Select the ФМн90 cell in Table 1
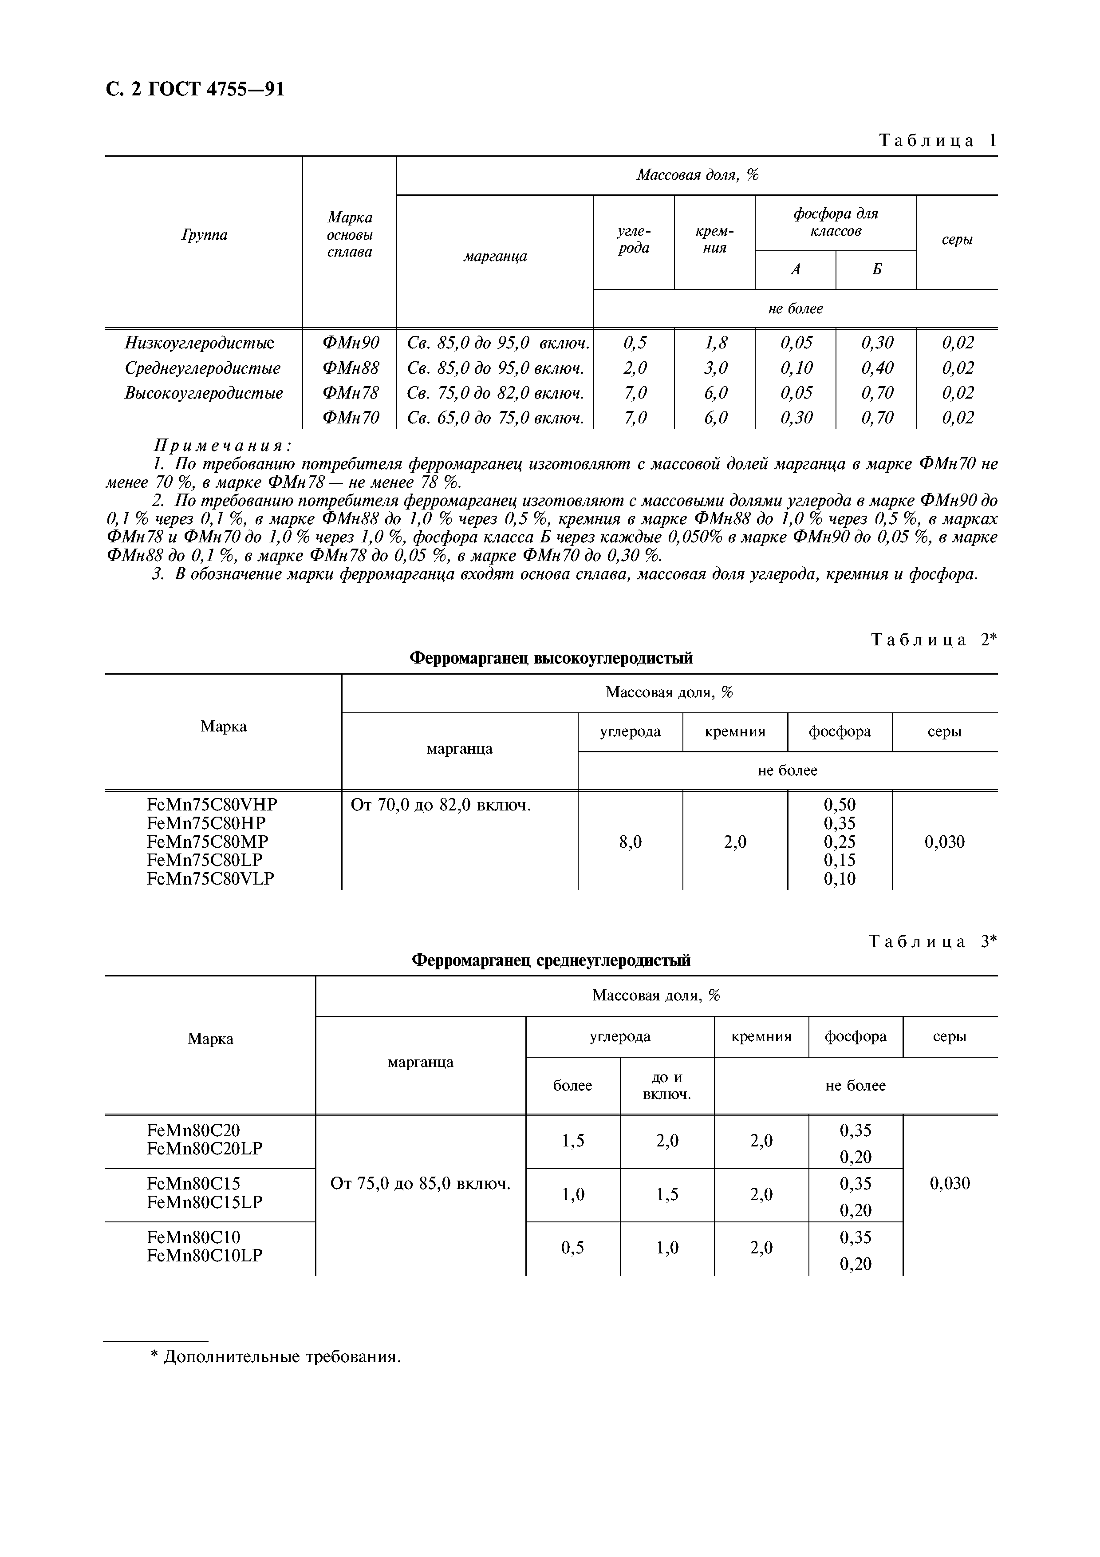coord(350,343)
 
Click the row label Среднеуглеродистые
coord(203,368)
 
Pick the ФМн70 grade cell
coord(350,418)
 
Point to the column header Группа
coord(204,235)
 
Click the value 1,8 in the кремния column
coord(715,343)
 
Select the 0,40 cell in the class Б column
coord(876,368)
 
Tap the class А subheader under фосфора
coord(796,270)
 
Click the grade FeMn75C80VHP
coord(212,805)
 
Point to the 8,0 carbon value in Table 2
coord(630,842)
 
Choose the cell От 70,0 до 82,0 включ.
coord(441,806)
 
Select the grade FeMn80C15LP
coord(205,1202)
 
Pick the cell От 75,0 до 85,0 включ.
coord(420,1184)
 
